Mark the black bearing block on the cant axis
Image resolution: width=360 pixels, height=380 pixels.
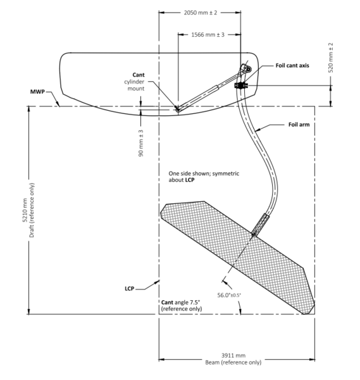tap(240, 85)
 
